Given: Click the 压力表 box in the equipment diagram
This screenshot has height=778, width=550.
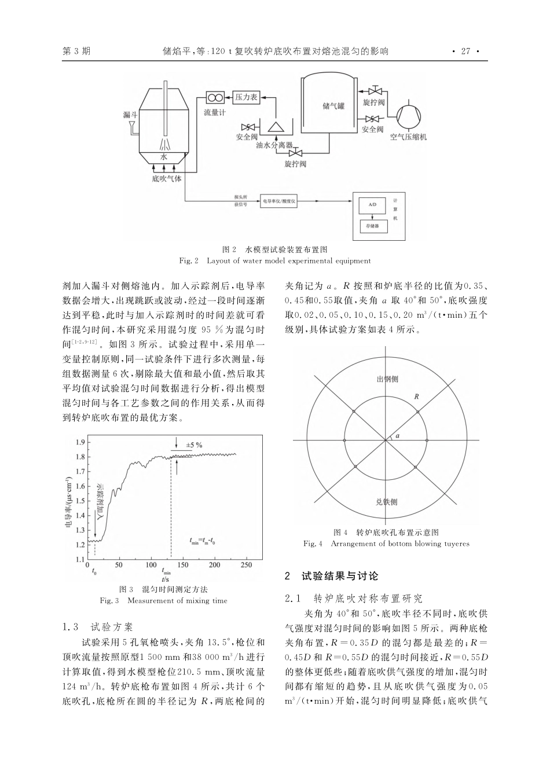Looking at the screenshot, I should click(x=246, y=98).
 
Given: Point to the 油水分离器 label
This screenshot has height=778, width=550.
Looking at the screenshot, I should click(x=274, y=145).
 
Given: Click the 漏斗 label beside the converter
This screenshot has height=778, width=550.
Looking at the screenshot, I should click(x=130, y=115).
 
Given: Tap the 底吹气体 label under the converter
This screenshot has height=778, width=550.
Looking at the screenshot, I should click(x=167, y=178).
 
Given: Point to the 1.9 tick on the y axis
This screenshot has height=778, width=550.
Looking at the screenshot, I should click(x=80, y=442).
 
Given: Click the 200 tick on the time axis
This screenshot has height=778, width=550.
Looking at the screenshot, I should click(x=214, y=564).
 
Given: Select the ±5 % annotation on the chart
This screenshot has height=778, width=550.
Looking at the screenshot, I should click(x=194, y=445).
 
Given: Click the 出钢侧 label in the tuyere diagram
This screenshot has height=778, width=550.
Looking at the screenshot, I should click(x=387, y=380).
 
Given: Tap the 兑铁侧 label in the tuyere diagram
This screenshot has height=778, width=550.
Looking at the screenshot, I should click(x=386, y=502).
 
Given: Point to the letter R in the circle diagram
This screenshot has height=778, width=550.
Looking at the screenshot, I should click(x=416, y=397).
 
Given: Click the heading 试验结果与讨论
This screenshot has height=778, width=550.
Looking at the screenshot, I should click(x=340, y=576).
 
